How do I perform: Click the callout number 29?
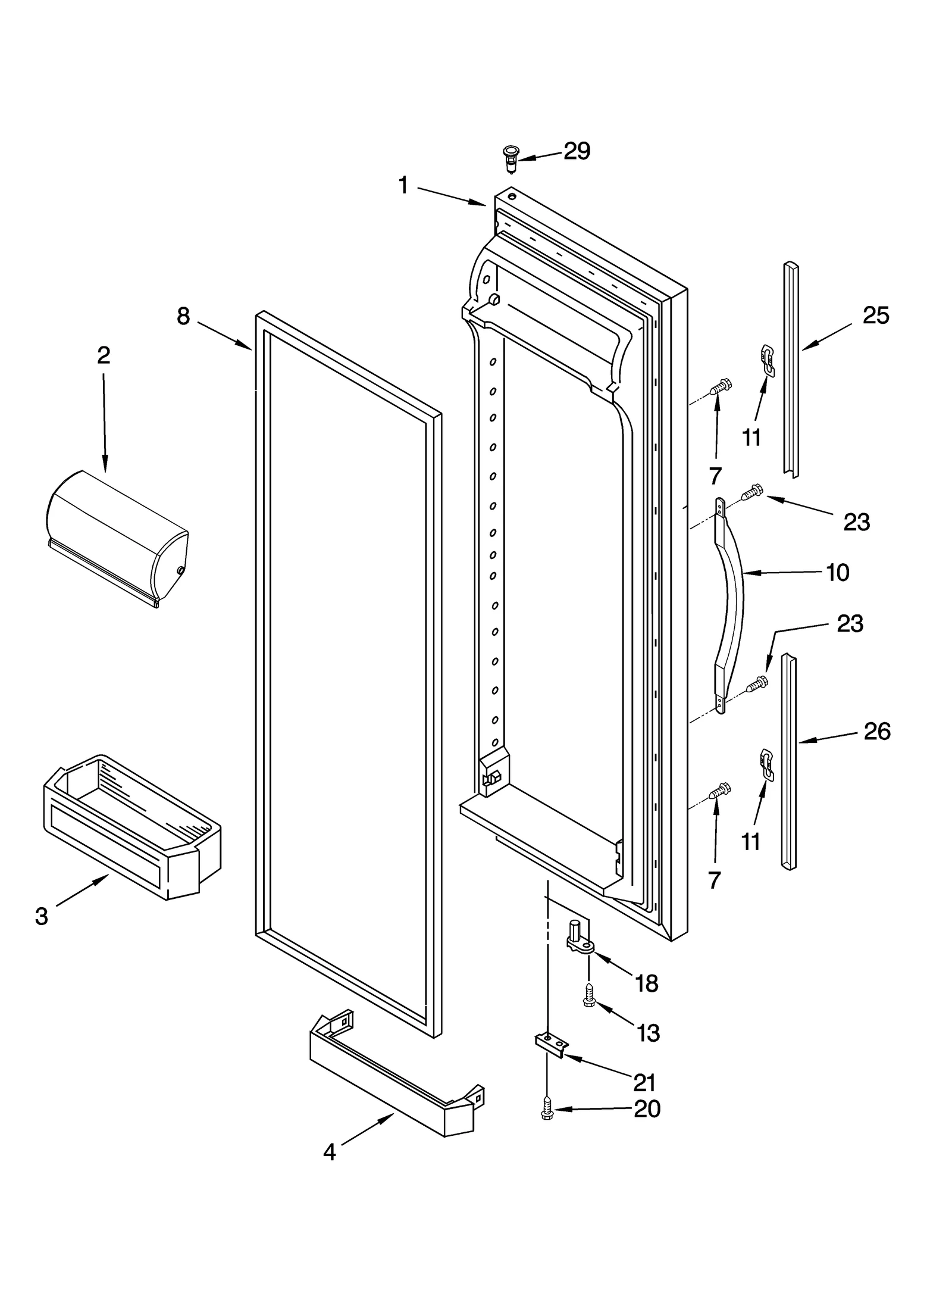point(577,151)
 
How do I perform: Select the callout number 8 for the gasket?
point(183,316)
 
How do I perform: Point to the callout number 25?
point(876,316)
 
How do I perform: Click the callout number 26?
point(877,731)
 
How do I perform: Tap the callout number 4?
point(329,1153)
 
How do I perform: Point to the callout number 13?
point(647,1033)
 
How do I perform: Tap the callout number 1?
point(403,186)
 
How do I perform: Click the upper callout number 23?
point(856,522)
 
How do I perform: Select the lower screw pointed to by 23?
point(756,685)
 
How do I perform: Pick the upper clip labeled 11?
point(769,361)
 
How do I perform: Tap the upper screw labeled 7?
point(721,387)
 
